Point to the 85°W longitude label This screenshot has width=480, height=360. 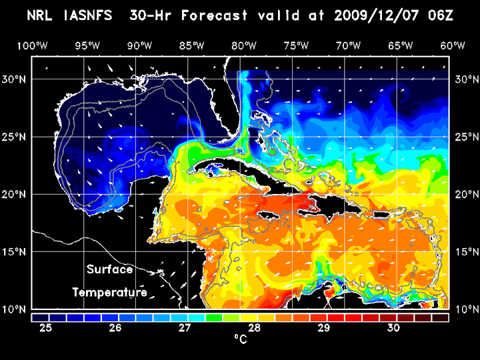(191, 45)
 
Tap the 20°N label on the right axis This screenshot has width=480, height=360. (464, 194)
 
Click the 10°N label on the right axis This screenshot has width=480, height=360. (464, 309)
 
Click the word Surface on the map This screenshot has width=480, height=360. (110, 269)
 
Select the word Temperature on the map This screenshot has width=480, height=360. (110, 292)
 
